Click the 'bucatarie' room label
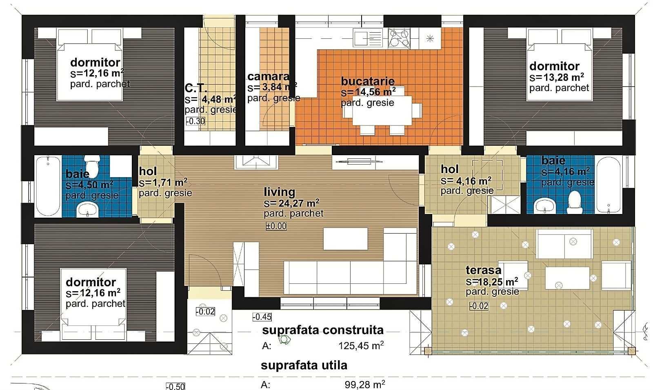(368, 81)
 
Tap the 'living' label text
(279, 192)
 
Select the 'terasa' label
(483, 270)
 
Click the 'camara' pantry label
(268, 76)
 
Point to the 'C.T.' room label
(196, 88)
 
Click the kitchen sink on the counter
(367, 38)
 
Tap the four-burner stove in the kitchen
(399, 38)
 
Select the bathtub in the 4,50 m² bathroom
(48, 186)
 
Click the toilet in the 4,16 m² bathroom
(575, 202)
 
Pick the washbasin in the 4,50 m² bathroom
(87, 209)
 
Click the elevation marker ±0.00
(276, 226)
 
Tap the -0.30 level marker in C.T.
(195, 121)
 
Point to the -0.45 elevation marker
(262, 317)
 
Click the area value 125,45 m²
(361, 345)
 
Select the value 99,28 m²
(365, 384)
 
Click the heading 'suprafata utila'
(304, 365)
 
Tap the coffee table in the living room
(345, 239)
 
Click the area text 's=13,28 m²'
(557, 77)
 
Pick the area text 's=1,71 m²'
(163, 183)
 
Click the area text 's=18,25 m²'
(492, 281)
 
